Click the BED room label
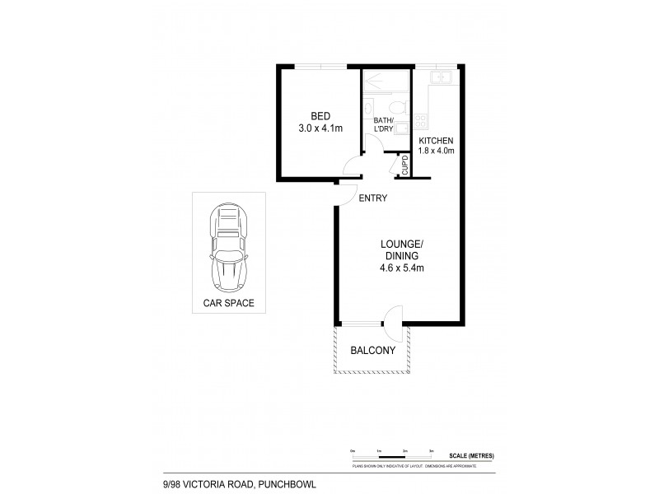tap(320, 116)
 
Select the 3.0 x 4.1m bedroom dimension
tap(320, 128)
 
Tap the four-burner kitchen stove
tap(421, 123)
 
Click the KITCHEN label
tap(437, 141)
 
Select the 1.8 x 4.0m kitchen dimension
tap(437, 151)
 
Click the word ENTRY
tap(372, 198)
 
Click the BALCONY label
tap(373, 350)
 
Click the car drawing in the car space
tap(228, 246)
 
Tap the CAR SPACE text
tap(228, 303)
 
